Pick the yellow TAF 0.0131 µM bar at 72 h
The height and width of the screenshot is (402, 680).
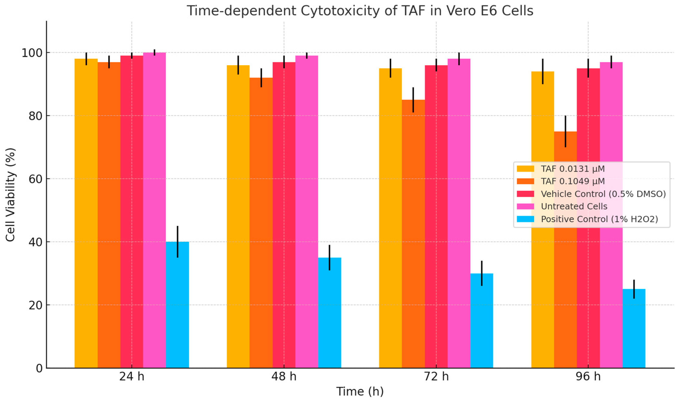point(390,217)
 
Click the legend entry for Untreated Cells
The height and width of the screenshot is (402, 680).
point(574,206)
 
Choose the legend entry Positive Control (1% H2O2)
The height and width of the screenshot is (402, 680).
point(599,219)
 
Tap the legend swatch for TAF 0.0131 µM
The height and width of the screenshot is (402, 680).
point(525,169)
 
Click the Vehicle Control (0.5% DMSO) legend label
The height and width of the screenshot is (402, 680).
point(603,194)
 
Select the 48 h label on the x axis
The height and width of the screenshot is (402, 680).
point(284,376)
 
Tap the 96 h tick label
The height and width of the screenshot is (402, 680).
point(588,376)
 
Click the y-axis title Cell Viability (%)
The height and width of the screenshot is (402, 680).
point(10,195)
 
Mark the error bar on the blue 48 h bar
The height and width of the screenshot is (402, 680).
point(329,257)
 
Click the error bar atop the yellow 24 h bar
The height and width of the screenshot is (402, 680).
point(86,59)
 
